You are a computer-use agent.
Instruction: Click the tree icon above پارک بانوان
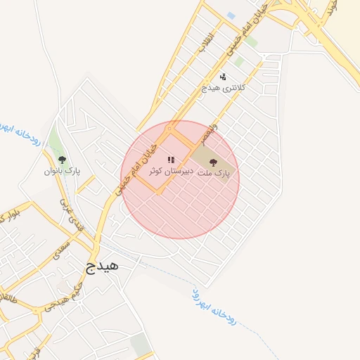pyautogui.click(x=62, y=160)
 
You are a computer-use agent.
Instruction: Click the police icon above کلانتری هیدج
pyautogui.click(x=223, y=77)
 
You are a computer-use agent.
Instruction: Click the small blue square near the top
pyautogui.click(x=231, y=15)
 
